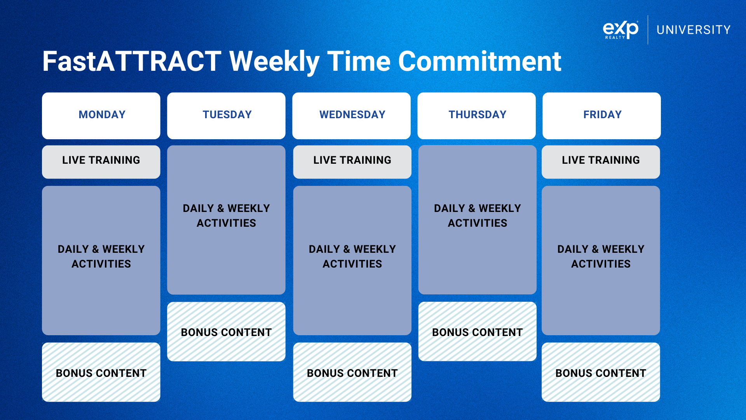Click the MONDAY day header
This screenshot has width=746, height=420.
101,115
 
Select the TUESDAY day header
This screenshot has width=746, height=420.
226,115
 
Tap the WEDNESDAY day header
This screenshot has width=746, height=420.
351,115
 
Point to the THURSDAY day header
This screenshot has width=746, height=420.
476,115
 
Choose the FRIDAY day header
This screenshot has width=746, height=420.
601,115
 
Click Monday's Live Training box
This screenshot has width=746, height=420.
101,162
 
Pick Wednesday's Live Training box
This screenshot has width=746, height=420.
352,162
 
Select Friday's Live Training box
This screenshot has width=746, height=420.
601,162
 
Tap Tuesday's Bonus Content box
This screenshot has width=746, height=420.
226,332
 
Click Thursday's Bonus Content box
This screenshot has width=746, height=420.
477,332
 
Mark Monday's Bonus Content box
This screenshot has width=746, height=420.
101,372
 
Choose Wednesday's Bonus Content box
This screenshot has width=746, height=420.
352,372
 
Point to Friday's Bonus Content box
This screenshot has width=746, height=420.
601,372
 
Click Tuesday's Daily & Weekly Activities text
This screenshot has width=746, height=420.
226,215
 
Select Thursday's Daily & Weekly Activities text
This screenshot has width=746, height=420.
477,215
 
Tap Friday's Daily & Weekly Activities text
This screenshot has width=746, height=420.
601,256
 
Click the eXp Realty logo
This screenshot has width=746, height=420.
621,30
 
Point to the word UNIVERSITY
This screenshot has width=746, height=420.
694,30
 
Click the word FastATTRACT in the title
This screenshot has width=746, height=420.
132,61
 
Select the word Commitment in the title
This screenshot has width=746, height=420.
479,61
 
